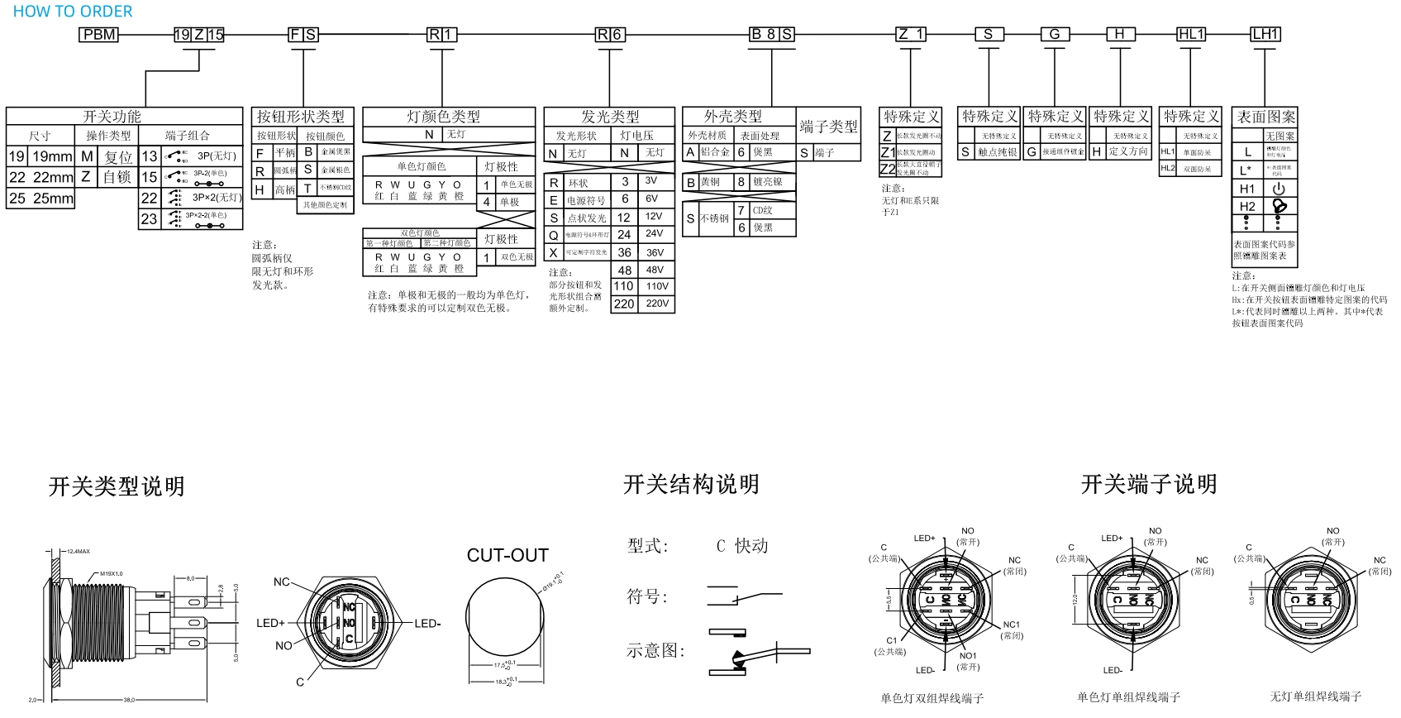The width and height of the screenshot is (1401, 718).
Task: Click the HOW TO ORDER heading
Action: [x=73, y=12]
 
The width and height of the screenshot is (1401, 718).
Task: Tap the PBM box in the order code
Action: [x=99, y=35]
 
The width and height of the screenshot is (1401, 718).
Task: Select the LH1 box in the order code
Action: [x=1265, y=34]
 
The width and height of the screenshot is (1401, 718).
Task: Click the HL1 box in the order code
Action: [x=1191, y=34]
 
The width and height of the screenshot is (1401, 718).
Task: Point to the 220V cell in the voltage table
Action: [x=657, y=304]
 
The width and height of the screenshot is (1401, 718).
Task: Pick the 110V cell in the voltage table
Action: [x=657, y=286]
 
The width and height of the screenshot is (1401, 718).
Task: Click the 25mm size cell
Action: [x=53, y=199]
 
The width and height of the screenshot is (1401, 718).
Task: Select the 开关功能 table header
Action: [x=112, y=117]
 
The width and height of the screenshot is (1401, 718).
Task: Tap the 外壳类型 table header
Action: [x=732, y=117]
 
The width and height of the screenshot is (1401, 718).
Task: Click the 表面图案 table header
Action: [x=1265, y=117]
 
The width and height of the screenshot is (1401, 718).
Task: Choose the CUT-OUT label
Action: [x=508, y=556]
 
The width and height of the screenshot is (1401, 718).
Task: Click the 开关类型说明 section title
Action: [x=117, y=486]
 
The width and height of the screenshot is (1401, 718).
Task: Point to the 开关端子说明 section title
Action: [x=1149, y=485]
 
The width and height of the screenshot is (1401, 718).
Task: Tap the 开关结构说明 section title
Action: [x=691, y=485]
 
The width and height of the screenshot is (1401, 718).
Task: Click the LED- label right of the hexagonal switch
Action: [x=427, y=624]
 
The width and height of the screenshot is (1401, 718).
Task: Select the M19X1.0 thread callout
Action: [x=111, y=573]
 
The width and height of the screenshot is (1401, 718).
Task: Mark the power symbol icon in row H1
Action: [x=1279, y=189]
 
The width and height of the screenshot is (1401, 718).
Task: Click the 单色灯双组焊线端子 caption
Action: [x=932, y=698]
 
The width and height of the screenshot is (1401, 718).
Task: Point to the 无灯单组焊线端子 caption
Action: [x=1315, y=696]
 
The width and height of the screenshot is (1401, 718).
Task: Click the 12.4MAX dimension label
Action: [x=79, y=551]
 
